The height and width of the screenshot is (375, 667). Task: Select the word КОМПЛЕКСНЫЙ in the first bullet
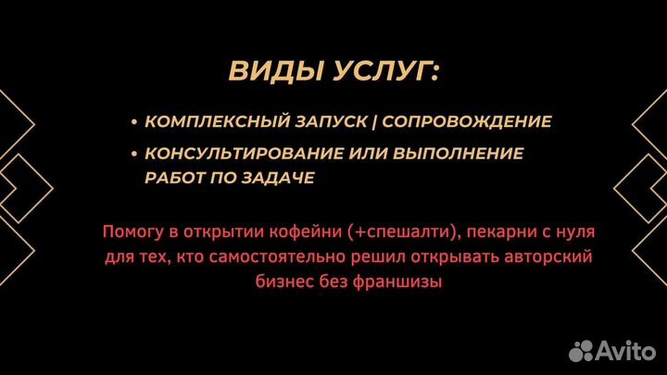[214, 121]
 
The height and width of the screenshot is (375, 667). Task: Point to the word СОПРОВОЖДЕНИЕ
[467, 121]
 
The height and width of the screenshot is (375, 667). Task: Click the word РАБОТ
[176, 178]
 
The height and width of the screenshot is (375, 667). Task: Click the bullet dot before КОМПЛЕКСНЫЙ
[135, 122]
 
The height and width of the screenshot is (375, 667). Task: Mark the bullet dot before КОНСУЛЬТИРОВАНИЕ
[135, 154]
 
